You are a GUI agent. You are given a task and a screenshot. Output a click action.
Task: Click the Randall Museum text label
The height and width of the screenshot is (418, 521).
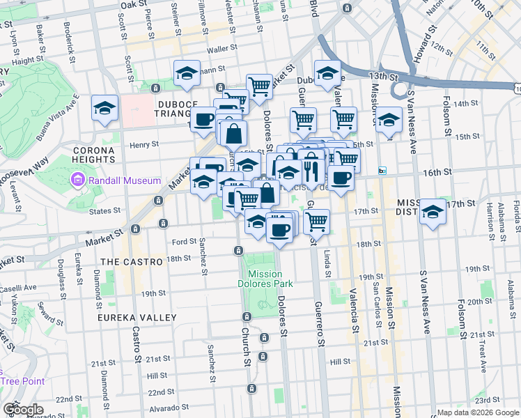pyautogui.click(x=126, y=180)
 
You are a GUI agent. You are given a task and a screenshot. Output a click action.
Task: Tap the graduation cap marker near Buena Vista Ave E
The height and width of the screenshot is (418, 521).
pyautogui.click(x=105, y=108)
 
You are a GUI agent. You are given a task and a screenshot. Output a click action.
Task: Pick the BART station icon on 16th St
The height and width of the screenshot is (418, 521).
pyautogui.click(x=382, y=171)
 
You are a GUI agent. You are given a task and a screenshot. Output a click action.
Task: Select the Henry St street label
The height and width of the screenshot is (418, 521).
pyautogui.click(x=145, y=145)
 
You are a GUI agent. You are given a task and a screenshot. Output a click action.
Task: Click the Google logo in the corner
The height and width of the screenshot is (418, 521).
pyautogui.click(x=23, y=409)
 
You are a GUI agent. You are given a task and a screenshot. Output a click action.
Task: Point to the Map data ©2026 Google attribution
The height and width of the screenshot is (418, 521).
pyautogui.click(x=477, y=412)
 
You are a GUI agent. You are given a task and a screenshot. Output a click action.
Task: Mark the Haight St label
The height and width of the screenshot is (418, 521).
pyautogui.click(x=27, y=61)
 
